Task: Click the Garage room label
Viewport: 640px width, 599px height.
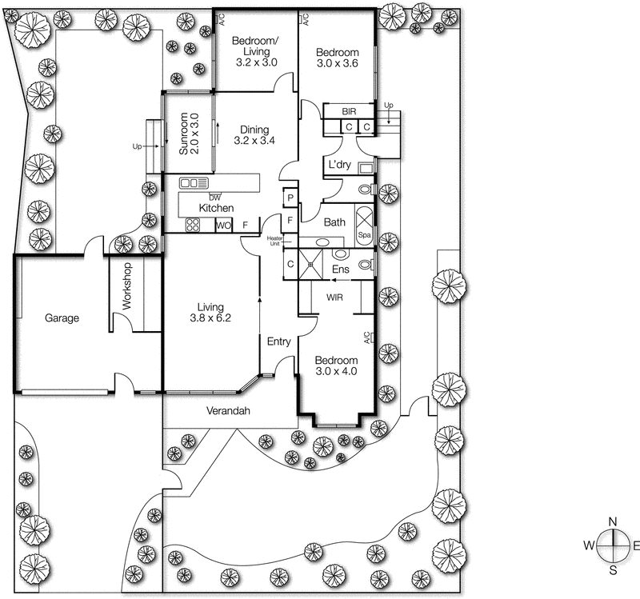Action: (62, 318)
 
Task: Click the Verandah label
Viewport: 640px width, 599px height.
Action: (231, 412)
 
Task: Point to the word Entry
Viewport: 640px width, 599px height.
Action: (278, 342)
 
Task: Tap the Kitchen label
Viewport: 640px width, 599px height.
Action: (216, 208)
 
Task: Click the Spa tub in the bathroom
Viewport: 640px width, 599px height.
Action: (364, 226)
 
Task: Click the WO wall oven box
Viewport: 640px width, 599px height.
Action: (223, 226)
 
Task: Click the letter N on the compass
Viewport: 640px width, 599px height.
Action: (613, 522)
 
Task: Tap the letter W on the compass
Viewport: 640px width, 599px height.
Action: (588, 546)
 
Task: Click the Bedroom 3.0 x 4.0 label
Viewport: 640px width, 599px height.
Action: (336, 365)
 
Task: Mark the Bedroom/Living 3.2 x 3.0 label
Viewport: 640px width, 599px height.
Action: (254, 50)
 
